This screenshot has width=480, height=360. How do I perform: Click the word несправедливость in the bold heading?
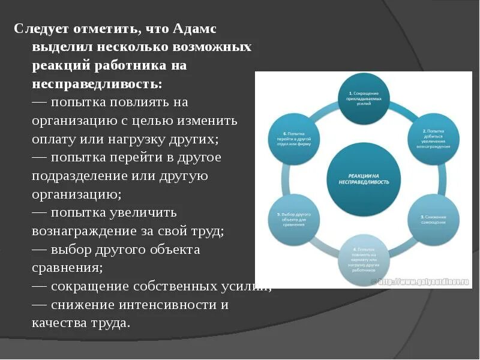pos(97,83)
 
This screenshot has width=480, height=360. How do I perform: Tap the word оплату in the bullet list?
pos(53,139)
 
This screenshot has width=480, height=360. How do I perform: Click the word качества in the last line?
pos(59,323)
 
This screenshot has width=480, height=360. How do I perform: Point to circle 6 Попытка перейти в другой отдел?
pos(290,138)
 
